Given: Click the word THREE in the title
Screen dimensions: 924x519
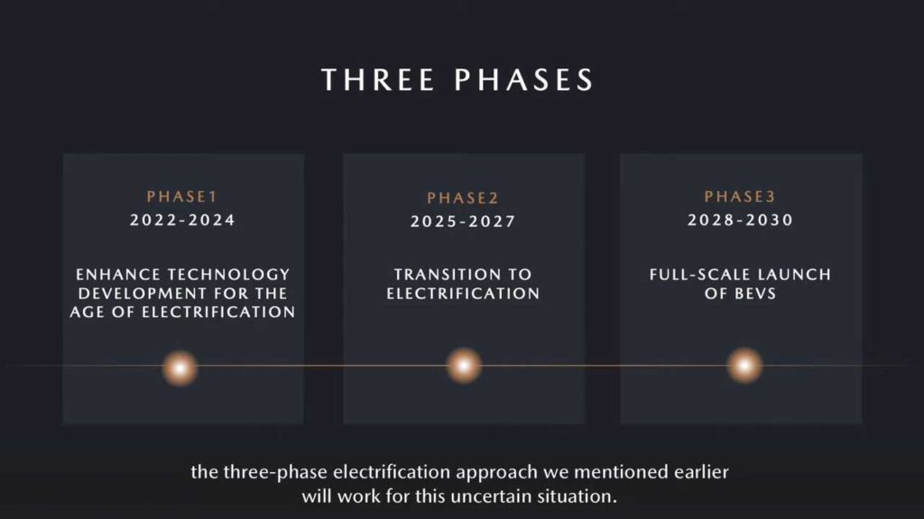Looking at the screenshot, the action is click(x=378, y=79).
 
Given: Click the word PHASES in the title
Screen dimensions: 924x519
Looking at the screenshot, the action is click(x=524, y=79).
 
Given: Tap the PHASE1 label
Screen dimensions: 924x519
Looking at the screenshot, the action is click(x=182, y=196).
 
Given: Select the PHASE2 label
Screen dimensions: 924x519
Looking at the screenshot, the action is click(x=463, y=197).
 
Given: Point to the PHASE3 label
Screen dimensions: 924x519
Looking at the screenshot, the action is click(x=740, y=196).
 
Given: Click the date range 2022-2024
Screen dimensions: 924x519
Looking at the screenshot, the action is click(x=182, y=220).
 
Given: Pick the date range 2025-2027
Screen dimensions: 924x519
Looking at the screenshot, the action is click(x=463, y=222).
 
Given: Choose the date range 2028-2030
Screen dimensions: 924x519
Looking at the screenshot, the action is click(x=740, y=220).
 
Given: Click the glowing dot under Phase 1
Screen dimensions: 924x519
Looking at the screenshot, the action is click(x=180, y=369).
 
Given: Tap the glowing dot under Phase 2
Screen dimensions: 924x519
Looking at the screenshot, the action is click(x=464, y=366).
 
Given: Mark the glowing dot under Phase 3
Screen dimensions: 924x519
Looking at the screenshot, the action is click(x=744, y=366).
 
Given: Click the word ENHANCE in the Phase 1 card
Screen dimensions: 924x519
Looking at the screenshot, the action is click(x=118, y=274).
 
